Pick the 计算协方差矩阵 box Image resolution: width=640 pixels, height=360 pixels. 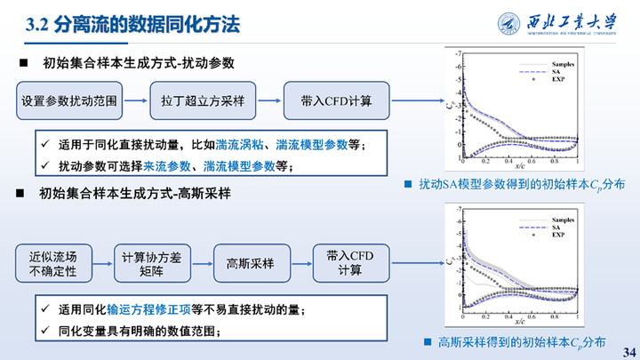pos(151,264)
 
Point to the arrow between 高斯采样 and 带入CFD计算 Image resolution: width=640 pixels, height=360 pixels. pos(300,264)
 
